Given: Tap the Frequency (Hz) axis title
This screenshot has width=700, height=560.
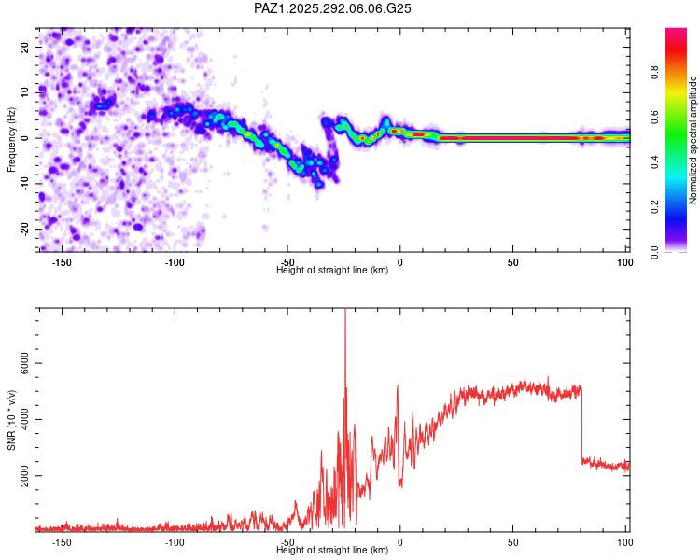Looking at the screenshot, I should pos(12,138).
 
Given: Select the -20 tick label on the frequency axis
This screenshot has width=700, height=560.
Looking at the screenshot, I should pos(24,229).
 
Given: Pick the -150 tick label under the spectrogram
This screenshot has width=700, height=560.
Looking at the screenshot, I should pos(62,262).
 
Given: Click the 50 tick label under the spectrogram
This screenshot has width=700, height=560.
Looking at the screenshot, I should pos(512,262).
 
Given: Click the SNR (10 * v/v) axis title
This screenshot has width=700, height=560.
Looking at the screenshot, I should pos(12,420).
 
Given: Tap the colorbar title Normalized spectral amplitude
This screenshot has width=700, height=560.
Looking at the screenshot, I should pos(693,140).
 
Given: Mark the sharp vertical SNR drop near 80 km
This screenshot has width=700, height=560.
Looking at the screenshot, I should pos(581,425).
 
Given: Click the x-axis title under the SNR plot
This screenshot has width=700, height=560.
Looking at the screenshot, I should pos(332,551).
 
